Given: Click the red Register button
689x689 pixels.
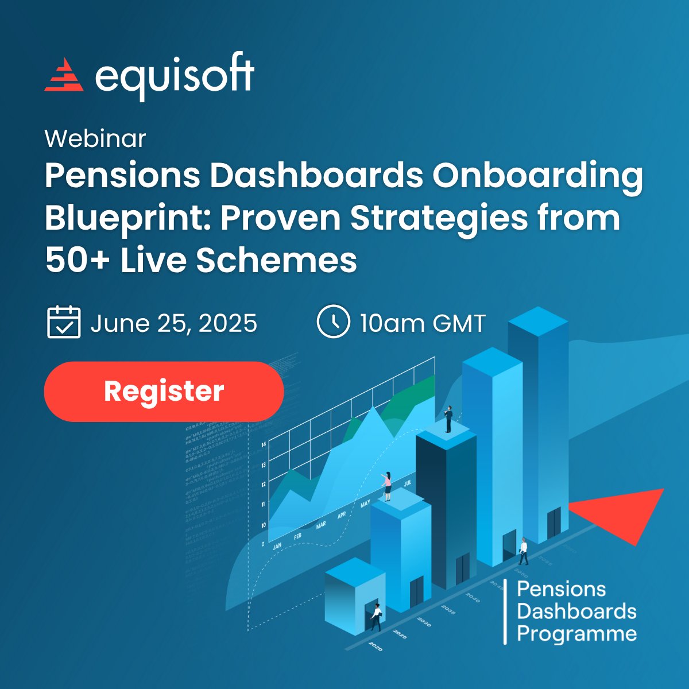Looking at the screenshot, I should tap(164, 392).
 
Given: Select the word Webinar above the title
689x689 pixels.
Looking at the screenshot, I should tap(95, 139).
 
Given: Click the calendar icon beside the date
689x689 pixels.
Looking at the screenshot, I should tap(63, 322).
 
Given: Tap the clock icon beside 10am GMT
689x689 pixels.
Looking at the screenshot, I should tap(333, 322).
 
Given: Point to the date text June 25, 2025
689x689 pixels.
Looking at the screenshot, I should tap(173, 323).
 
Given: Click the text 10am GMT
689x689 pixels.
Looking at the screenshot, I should tap(423, 323).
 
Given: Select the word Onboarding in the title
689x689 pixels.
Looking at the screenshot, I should tap(537, 176).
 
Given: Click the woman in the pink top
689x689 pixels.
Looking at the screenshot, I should tap(387, 485).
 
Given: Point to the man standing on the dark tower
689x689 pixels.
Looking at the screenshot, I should tap(448, 419).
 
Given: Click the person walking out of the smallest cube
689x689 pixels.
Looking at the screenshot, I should tap(376, 616).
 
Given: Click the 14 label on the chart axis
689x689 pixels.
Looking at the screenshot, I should tap(264, 445).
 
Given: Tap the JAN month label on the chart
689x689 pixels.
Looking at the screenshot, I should tap(277, 545).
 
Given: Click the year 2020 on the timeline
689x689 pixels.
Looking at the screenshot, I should tap(374, 647).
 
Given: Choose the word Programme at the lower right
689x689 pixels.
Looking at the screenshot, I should tap(576, 634).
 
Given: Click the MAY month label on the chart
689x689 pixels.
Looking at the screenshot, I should tap(365, 505).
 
